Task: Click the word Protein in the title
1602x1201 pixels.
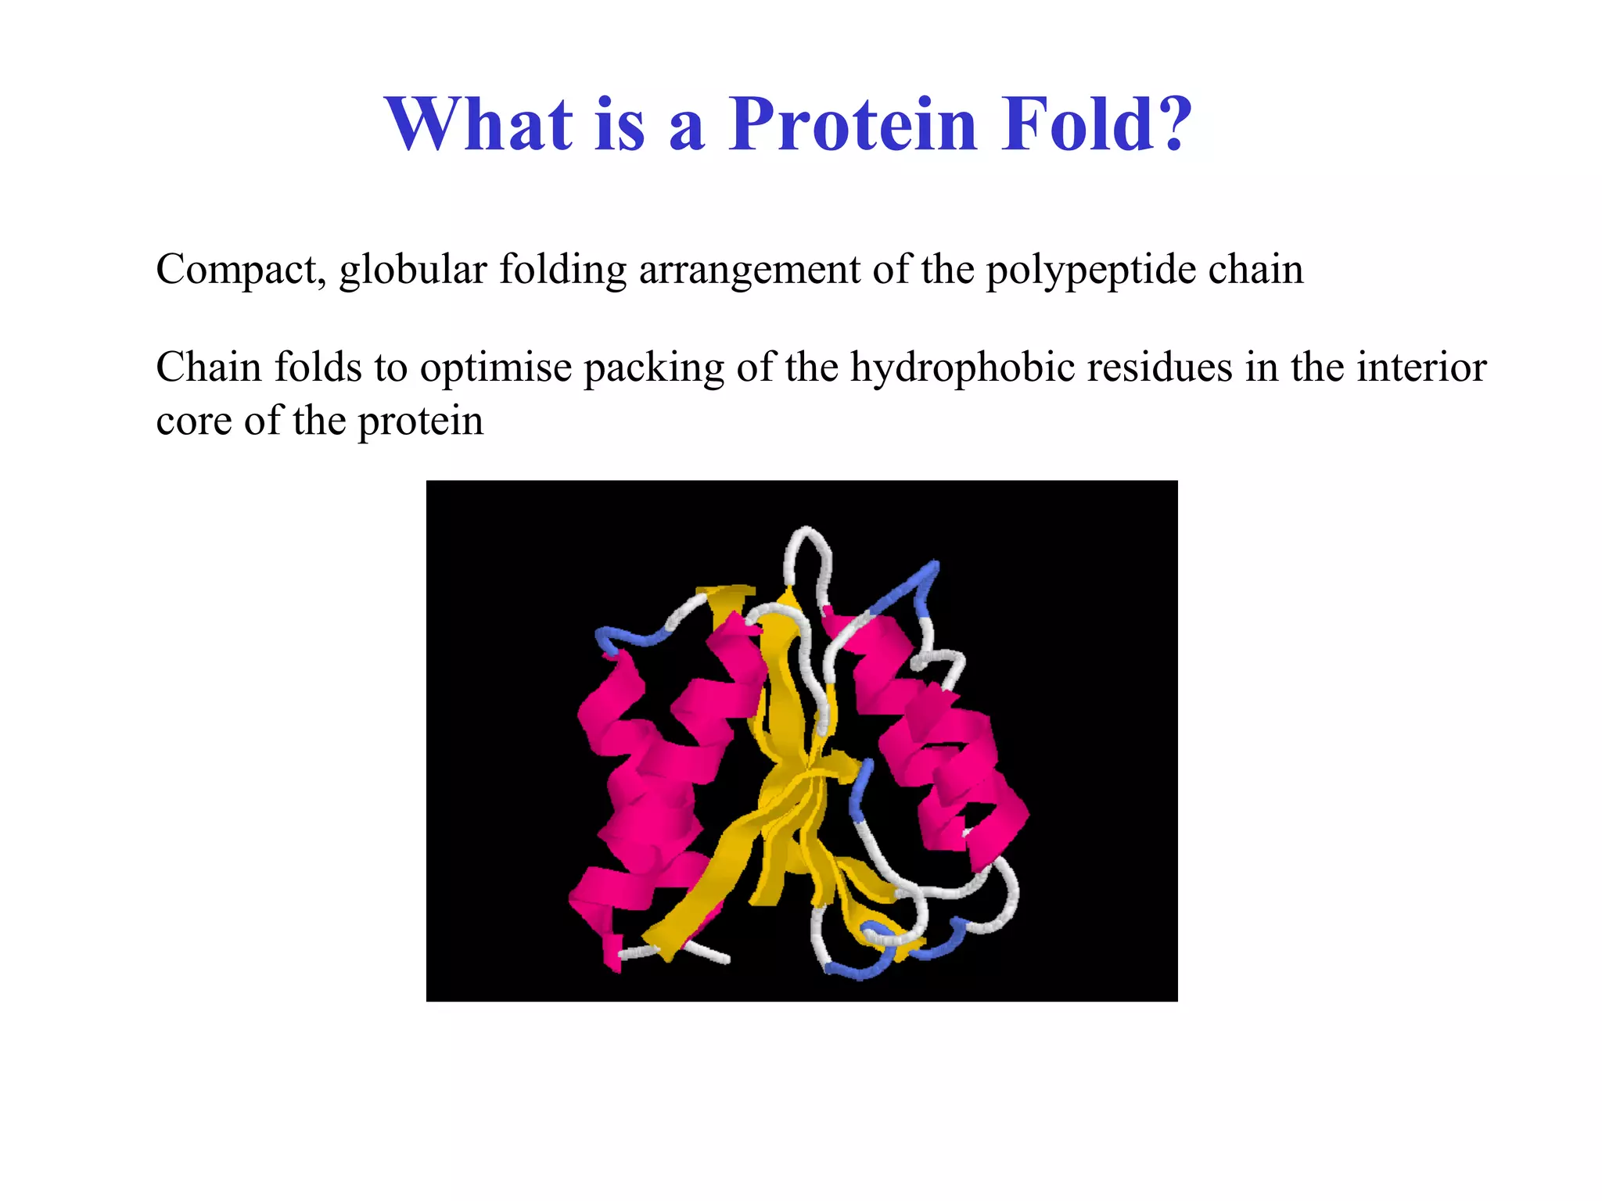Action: [853, 125]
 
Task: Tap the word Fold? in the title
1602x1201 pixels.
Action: [1097, 125]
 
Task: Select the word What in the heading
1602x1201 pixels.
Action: [479, 125]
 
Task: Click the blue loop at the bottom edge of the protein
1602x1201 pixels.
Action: [857, 972]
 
